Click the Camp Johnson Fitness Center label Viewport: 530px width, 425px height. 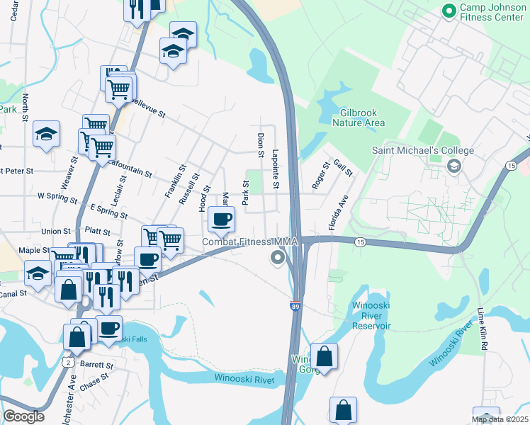tap(492, 12)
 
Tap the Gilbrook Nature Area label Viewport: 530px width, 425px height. tap(362, 118)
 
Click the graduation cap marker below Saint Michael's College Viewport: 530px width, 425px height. tap(453, 166)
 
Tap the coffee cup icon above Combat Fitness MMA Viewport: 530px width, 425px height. tap(222, 219)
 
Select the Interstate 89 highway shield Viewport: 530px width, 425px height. tap(294, 306)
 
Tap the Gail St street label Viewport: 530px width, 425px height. tap(343, 169)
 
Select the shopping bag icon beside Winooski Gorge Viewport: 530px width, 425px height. tap(324, 356)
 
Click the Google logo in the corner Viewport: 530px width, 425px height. tap(23, 416)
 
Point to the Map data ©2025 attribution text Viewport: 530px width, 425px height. tap(500, 419)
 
